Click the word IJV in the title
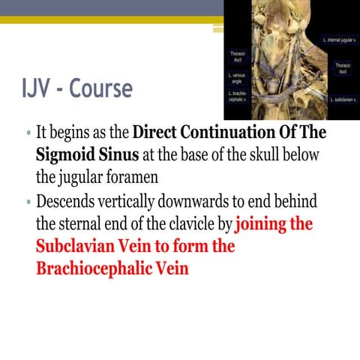coord(39,90)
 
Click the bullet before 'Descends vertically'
coord(28,204)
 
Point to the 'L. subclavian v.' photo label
coord(340,99)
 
